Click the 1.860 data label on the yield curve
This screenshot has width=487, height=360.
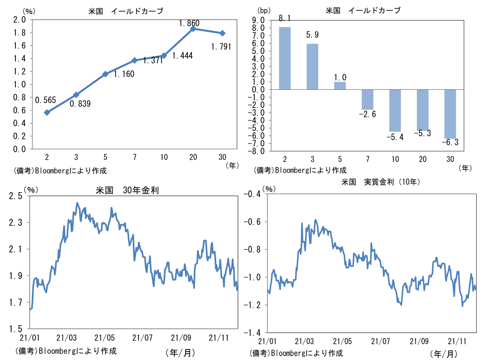[x=189, y=24]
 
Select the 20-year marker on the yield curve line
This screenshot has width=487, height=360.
[x=193, y=29]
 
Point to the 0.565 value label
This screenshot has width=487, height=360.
[x=46, y=100]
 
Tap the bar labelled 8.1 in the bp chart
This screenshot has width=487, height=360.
[x=285, y=58]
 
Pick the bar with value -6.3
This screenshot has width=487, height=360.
[x=450, y=114]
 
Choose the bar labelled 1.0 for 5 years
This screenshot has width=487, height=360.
[x=340, y=86]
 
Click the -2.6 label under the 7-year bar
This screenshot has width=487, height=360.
[x=367, y=114]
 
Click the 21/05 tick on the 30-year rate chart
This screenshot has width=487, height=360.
[x=106, y=338]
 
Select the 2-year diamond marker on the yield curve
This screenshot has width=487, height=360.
[x=47, y=112]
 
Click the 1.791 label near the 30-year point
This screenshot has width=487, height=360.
[x=221, y=47]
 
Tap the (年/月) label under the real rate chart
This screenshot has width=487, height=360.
[x=444, y=353]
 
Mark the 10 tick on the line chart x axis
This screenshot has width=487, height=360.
[x=164, y=157]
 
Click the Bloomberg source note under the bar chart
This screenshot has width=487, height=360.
[x=300, y=170]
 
